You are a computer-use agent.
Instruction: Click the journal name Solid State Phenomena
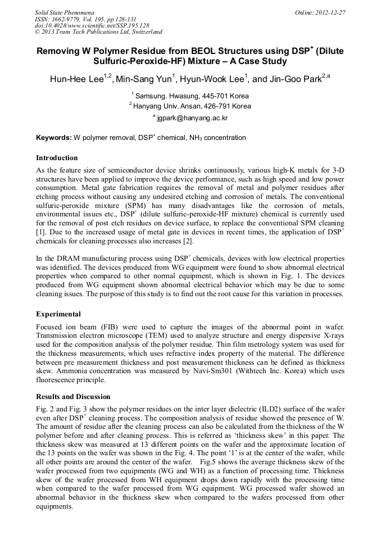64,12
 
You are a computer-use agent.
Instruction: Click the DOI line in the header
76,25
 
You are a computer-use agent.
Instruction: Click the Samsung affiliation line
190,96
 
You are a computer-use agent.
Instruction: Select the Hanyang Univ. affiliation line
190,106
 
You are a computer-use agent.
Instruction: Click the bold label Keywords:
54,138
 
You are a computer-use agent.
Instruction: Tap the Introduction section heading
57,158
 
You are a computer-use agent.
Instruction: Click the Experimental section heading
58,314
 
